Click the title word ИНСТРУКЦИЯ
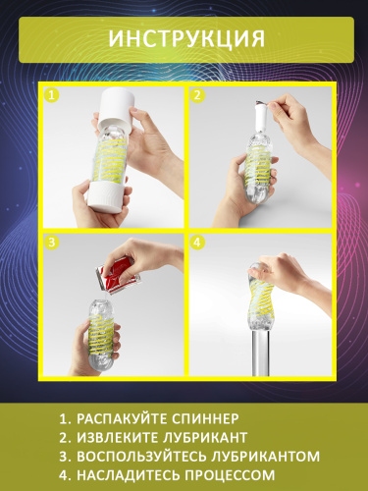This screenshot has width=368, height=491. tap(184, 39)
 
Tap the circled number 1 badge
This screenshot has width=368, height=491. tap(52, 96)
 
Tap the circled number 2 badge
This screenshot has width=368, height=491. tap(196, 96)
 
